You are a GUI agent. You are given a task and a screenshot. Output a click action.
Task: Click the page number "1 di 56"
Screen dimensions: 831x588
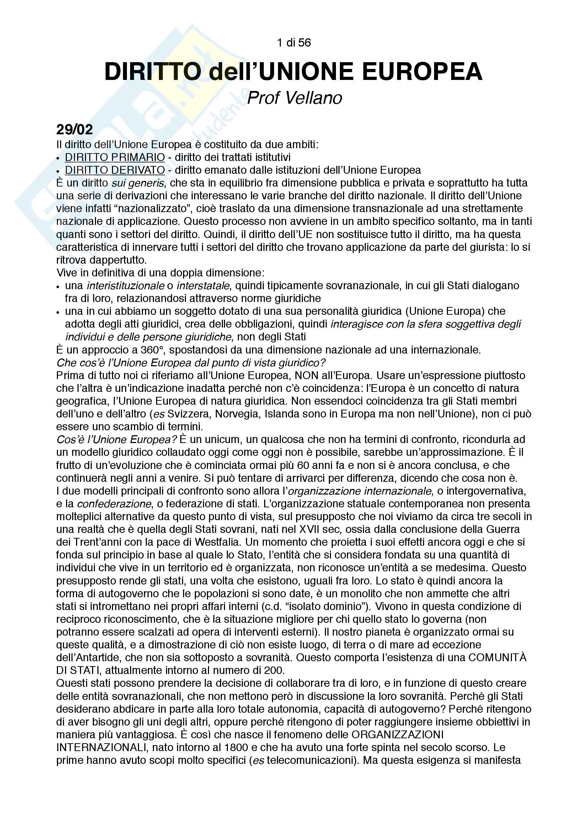(294, 43)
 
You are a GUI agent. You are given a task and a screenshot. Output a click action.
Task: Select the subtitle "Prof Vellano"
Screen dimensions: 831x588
(294, 98)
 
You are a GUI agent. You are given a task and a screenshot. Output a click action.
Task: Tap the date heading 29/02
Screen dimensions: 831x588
(75, 129)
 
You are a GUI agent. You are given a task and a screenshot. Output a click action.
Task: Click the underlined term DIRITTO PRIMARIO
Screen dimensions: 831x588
(115, 157)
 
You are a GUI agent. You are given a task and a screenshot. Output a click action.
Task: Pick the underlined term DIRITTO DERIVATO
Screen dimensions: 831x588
(115, 170)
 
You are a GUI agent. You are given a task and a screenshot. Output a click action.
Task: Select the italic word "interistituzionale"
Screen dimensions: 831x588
(125, 286)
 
